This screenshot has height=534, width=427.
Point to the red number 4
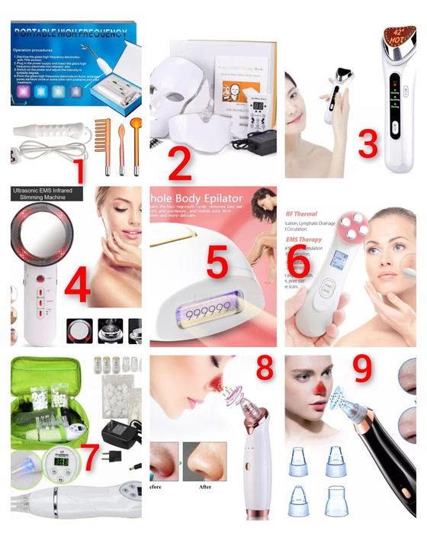pos(77,288)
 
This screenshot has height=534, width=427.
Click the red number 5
pos(217,263)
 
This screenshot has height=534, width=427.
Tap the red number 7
pos(90,456)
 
